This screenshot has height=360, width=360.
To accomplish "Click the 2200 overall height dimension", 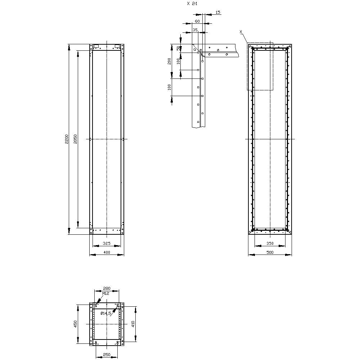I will click(x=66, y=139).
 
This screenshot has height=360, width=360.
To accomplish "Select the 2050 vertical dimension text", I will click(x=75, y=139).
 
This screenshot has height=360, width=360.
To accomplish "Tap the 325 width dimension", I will click(x=107, y=244).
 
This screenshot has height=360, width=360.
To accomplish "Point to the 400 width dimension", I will click(x=107, y=252).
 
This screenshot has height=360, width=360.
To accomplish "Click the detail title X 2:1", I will click(x=192, y=3).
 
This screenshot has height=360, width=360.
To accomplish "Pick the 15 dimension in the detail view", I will click(x=217, y=12).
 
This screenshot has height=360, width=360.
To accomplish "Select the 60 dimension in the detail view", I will click(x=197, y=21).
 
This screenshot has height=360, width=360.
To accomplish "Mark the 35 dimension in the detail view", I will click(x=195, y=30).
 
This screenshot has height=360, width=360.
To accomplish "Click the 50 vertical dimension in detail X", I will click(x=178, y=48).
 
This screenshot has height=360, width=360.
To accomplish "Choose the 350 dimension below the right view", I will click(x=270, y=244).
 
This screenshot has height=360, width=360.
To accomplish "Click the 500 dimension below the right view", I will click(x=270, y=252).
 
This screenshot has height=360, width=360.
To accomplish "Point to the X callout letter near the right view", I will click(x=241, y=32).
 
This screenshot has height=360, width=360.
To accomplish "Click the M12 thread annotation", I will click(x=105, y=294).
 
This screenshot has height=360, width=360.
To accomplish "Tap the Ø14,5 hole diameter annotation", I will click(x=105, y=314).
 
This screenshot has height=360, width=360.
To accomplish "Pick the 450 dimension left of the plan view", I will click(x=75, y=324).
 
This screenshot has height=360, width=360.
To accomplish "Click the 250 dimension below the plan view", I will click(x=107, y=355).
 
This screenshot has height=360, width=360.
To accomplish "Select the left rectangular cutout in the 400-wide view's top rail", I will click(x=96, y=46).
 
